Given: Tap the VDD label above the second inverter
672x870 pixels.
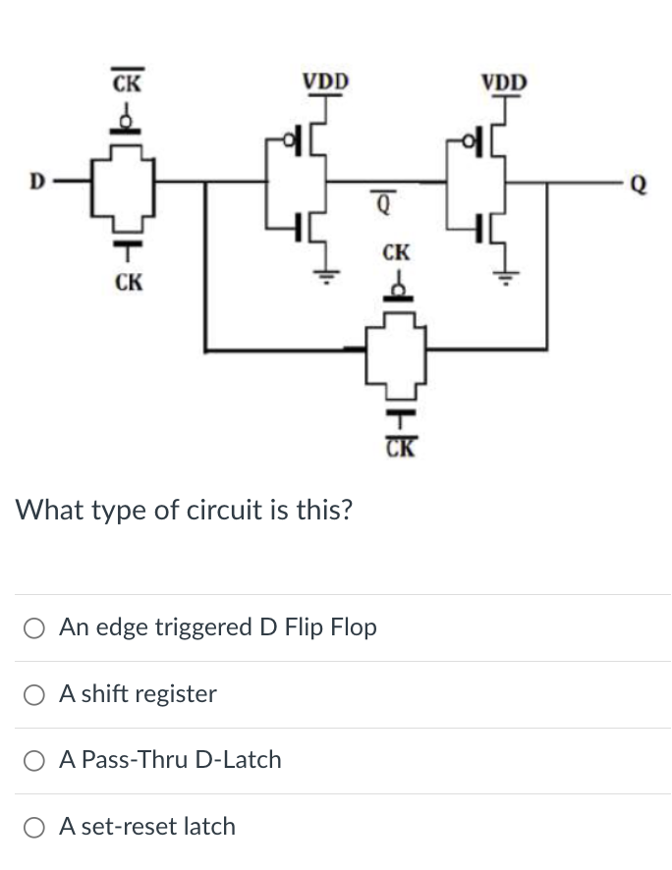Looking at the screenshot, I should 504,81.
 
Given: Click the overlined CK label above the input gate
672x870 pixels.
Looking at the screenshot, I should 125,82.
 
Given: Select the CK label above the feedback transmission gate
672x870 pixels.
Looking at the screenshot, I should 396,253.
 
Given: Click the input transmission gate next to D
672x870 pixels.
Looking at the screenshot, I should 126,184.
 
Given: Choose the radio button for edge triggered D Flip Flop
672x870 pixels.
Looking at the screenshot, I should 34,627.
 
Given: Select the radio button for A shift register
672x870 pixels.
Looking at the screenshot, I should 34,694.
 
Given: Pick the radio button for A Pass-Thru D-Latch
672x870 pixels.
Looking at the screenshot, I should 34,760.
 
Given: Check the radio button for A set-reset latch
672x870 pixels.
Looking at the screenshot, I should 34,827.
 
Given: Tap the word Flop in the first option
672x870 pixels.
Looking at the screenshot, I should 353,627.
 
